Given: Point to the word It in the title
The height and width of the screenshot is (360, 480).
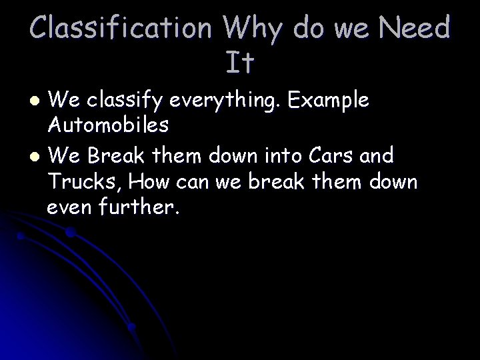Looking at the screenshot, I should (x=240, y=63).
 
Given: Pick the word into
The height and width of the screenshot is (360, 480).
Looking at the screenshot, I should (x=283, y=156).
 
